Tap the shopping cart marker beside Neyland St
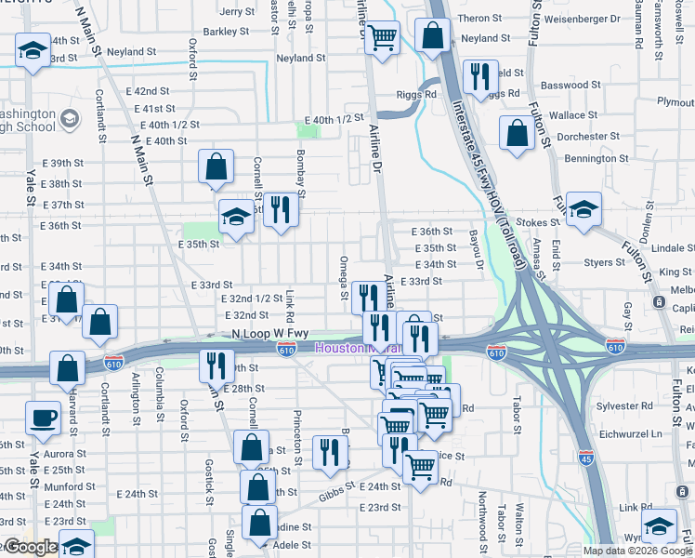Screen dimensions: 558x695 [x=382, y=38]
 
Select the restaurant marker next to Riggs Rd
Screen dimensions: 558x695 [x=479, y=77]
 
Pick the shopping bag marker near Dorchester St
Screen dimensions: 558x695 [x=517, y=132]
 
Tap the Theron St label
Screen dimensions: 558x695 [x=479, y=19]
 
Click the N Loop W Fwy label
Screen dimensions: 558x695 [x=269, y=333]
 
